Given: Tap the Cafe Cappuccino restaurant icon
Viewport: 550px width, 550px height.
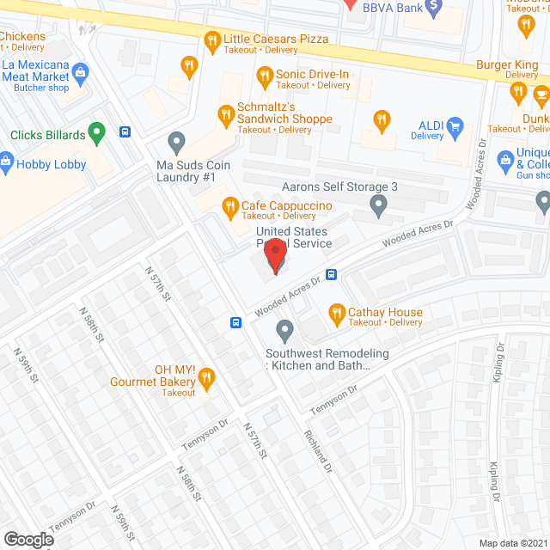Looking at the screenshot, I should pos(229,206).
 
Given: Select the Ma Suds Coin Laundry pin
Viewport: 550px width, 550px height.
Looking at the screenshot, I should pos(176,142).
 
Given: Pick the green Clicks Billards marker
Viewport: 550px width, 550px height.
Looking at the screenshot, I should pos(98,133).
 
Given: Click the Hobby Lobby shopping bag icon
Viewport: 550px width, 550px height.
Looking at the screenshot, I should pos(6,161).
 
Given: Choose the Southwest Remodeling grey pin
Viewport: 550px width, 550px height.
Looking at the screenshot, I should pos(284,330).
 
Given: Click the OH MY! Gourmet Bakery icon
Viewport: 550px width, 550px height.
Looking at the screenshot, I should pos(206,376).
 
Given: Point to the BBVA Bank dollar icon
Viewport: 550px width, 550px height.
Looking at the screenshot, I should pos(434,6).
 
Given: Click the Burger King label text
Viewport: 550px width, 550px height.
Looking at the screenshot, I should pos(506,64).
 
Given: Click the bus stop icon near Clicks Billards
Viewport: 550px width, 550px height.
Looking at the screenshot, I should pos(125,131).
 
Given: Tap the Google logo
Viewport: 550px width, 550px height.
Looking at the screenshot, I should pos(27,539).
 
